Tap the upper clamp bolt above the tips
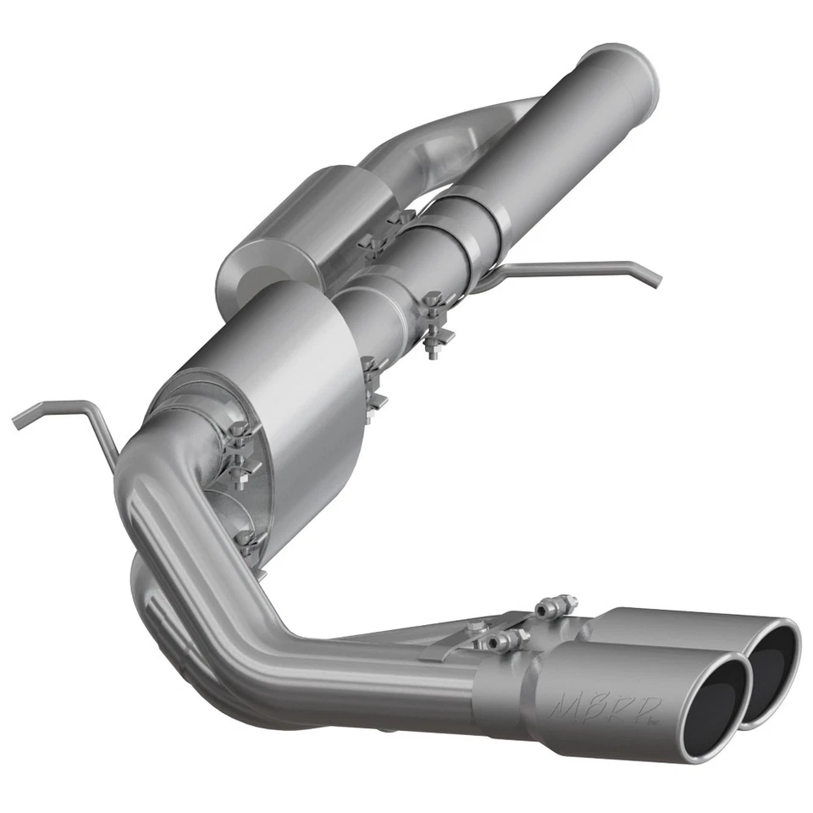[x=546, y=608]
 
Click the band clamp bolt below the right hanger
[x=436, y=326]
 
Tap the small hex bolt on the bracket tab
[x=475, y=627]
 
